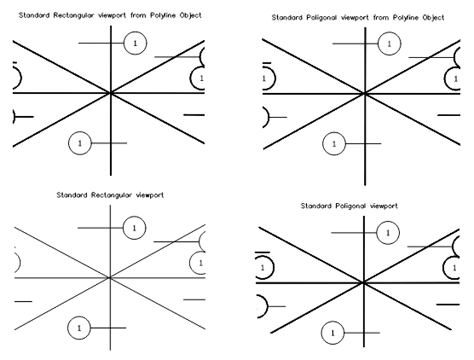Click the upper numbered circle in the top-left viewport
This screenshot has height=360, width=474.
point(136,43)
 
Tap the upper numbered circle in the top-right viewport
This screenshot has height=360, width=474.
point(389,43)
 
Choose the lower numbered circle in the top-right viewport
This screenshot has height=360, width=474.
point(334,144)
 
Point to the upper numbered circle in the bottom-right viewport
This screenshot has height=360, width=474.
point(387,232)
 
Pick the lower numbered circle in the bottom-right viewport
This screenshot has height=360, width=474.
point(332,333)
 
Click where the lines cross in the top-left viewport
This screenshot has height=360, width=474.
point(110,93)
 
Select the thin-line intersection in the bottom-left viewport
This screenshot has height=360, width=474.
point(110,277)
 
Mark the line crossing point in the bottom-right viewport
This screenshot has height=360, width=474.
point(363,282)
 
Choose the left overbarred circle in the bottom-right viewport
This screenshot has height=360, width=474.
point(264,267)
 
